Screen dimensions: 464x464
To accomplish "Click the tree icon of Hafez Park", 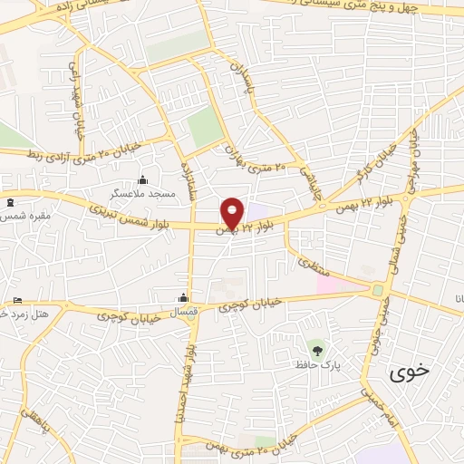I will tap(316, 349).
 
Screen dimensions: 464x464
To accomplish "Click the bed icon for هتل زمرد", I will tap(17, 301).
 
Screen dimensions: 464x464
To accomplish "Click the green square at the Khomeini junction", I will tap(376, 291).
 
